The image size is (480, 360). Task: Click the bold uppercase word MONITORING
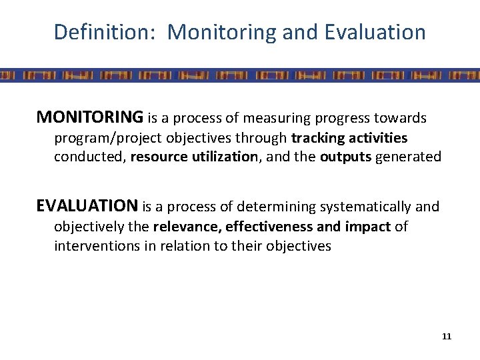[x=90, y=118]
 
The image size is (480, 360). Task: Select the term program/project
[x=102, y=138]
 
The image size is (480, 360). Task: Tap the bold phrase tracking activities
[x=350, y=138]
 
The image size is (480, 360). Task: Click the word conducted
[x=90, y=157]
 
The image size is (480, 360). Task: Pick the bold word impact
[x=368, y=227]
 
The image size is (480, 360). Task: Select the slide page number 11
[x=446, y=336]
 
